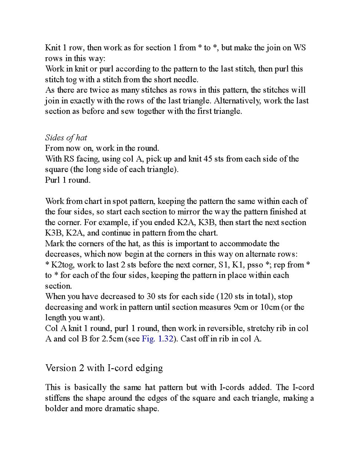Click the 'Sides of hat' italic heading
pos(66,138)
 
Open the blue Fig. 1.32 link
pos(157,339)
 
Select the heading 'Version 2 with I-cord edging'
pos(104,368)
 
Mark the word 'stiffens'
pos(58,398)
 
